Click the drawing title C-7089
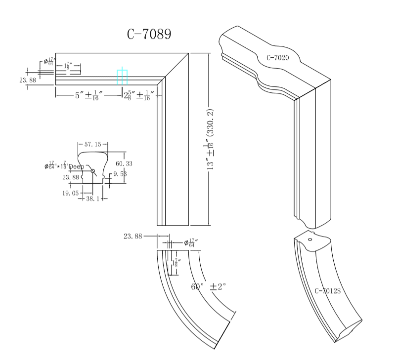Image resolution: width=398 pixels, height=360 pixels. (x=149, y=34)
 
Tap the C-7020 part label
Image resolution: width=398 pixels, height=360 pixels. (x=277, y=58)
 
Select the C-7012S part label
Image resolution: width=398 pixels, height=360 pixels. (x=327, y=291)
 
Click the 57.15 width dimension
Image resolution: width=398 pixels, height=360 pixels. (x=93, y=145)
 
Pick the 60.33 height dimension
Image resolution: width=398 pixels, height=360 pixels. (x=124, y=163)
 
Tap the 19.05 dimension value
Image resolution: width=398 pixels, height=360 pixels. (x=70, y=194)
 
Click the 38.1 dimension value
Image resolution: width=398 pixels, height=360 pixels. (x=92, y=198)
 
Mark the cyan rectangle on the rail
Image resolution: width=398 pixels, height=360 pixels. (x=122, y=77)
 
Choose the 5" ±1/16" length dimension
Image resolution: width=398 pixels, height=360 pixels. (x=87, y=95)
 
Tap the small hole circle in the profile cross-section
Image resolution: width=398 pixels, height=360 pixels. (x=93, y=171)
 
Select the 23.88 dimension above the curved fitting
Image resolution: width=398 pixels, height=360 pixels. (x=133, y=237)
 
